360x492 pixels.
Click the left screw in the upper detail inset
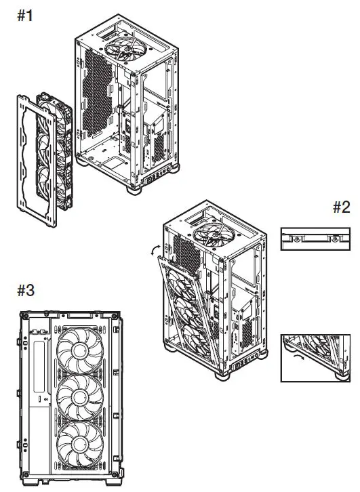[297, 239]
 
